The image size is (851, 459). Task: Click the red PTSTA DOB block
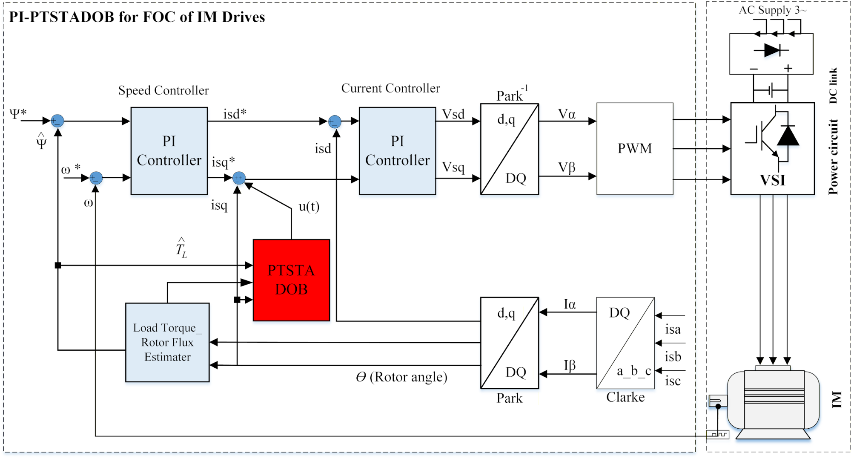pos(291,280)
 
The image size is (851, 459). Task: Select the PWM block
pos(634,148)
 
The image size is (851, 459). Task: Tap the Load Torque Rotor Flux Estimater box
pos(167,342)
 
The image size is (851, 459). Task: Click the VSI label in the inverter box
pos(772,180)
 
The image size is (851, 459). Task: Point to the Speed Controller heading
pos(163,90)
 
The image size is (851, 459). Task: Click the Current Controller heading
pos(390,88)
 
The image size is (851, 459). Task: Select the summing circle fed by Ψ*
pos(57,121)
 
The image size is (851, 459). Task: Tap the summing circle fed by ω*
pos(96,178)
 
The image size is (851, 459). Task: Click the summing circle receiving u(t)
pos(239,178)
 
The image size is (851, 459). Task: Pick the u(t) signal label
pos(309,207)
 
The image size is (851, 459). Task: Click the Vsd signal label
pos(453,114)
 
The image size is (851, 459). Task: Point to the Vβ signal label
pos(567,167)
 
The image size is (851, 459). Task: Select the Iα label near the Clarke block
pos(570,304)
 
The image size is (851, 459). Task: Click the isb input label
pos(673,356)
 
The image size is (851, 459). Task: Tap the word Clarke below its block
pos(625,397)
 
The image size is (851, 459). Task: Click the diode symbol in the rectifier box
pos(771,50)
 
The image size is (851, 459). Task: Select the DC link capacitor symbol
pos(771,90)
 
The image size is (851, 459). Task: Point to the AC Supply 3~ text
pos(772,10)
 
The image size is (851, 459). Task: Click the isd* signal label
pos(235,114)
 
